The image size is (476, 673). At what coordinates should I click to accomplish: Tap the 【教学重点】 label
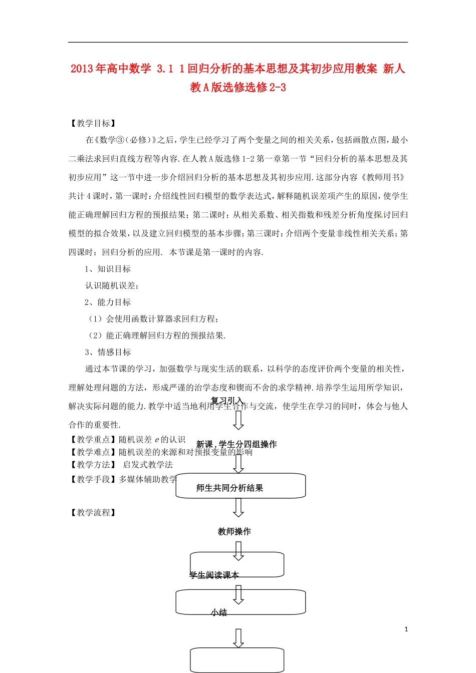94,440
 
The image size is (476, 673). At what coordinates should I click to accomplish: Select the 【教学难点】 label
94,452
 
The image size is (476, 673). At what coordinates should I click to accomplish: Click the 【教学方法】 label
94,465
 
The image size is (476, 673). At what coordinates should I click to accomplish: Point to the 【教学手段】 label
94,479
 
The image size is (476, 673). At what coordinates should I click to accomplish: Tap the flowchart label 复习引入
227,401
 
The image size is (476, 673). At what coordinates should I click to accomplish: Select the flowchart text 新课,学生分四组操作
236,444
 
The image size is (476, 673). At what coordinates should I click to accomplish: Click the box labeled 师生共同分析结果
241,487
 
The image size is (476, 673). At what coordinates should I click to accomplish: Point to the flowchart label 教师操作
234,531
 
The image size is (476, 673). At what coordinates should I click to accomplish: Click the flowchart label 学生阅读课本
214,575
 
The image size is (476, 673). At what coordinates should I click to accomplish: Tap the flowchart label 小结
219,612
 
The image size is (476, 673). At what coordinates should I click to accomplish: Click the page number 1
406,629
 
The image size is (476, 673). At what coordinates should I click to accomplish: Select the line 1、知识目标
108,269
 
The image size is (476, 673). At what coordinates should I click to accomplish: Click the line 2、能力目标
108,302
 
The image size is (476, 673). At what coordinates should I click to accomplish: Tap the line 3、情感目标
108,352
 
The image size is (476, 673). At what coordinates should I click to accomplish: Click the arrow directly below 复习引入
239,420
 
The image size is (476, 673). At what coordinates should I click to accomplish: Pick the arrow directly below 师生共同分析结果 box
239,507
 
